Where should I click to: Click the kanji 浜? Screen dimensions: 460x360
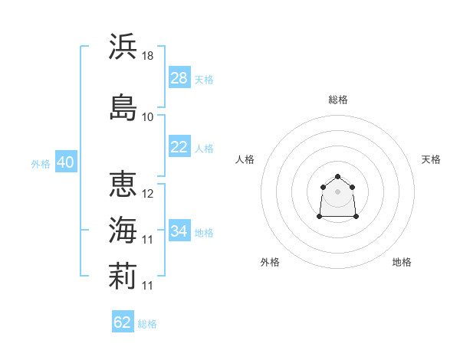pos(123,46)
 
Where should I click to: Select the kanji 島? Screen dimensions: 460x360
pos(123,107)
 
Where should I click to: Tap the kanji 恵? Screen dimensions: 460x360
pos(123,184)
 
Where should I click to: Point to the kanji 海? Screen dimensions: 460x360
pos(123,230)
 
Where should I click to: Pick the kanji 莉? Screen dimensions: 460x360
pos(123,276)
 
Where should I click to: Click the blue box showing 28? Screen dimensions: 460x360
pos(179,77)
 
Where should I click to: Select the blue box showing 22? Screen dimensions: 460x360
pos(179,146)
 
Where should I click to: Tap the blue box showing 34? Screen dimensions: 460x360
pos(179,230)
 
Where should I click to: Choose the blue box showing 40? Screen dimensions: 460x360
pos(66,162)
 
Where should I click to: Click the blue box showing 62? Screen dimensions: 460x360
pos(123,321)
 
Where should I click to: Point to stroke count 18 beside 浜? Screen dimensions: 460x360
pos(147,56)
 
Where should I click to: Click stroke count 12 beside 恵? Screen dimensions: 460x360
pos(147,194)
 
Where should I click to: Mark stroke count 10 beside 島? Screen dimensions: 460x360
pos(147,117)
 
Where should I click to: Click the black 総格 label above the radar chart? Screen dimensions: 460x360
pos(338,100)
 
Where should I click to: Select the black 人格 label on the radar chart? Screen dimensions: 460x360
pos(245,159)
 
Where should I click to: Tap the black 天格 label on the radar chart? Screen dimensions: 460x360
pos(431,159)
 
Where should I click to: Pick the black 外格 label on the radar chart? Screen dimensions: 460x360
pos(270,262)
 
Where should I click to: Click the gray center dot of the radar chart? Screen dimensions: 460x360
pos(337,191)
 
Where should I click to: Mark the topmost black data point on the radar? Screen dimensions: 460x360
pos(337,176)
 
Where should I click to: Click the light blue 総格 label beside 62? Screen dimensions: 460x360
pos(147,324)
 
